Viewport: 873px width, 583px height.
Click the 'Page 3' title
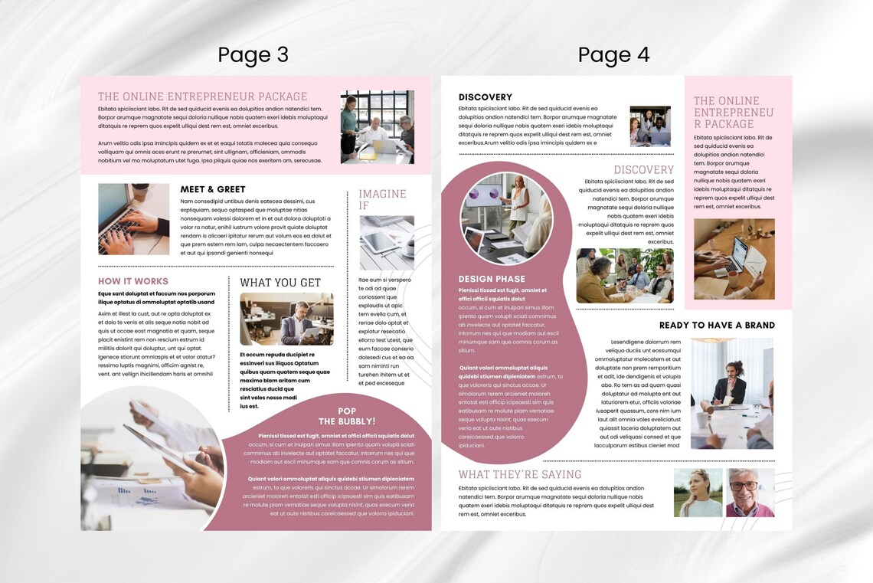(253, 55)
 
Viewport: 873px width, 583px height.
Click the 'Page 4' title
(613, 55)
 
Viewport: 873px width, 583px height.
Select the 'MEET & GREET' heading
(213, 189)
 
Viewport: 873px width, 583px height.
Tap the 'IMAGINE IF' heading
(382, 199)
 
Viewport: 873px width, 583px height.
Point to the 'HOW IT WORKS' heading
(133, 281)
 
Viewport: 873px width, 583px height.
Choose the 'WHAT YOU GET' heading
(280, 283)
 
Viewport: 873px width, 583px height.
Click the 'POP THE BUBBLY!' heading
(347, 416)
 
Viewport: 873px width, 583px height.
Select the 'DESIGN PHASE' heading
(492, 279)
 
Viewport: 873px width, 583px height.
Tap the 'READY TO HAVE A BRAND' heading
(717, 325)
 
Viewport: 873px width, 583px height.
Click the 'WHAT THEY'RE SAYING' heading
(520, 474)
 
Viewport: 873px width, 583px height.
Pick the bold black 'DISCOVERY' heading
(486, 97)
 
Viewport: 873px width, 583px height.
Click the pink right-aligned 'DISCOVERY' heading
(643, 170)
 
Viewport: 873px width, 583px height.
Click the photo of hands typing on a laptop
(134, 219)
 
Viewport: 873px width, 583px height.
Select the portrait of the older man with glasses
(750, 493)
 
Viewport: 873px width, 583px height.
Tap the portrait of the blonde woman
(698, 493)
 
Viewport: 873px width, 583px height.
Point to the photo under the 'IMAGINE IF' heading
(387, 243)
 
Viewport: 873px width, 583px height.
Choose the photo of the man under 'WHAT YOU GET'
(286, 319)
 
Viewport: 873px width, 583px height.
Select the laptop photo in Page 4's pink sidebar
(734, 259)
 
